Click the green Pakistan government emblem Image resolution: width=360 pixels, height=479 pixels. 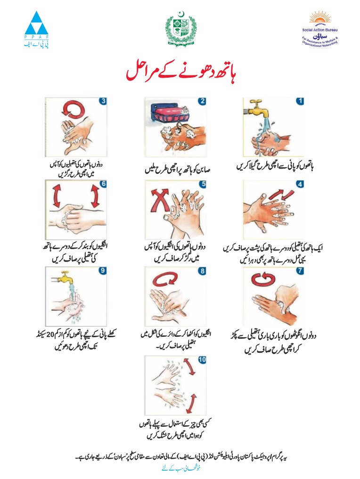point(180,28)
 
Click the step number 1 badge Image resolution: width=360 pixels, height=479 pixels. point(300,101)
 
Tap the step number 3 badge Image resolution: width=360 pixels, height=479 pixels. point(103,101)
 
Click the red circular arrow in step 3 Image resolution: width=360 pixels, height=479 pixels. point(73,109)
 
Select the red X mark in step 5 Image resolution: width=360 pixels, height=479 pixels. point(160,200)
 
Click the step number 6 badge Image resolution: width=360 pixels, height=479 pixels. point(103,184)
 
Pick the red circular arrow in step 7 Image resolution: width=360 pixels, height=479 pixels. point(263,279)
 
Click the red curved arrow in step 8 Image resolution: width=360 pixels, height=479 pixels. point(165,279)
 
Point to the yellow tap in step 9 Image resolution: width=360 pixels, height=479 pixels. point(64,277)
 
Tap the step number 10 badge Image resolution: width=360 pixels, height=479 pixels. point(202,359)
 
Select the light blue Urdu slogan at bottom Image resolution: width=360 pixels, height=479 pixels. point(181,468)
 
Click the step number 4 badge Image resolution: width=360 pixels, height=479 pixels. point(300,184)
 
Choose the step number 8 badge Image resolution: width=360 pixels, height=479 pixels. point(202,271)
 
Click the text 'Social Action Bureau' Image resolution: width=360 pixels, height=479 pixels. point(319,30)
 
